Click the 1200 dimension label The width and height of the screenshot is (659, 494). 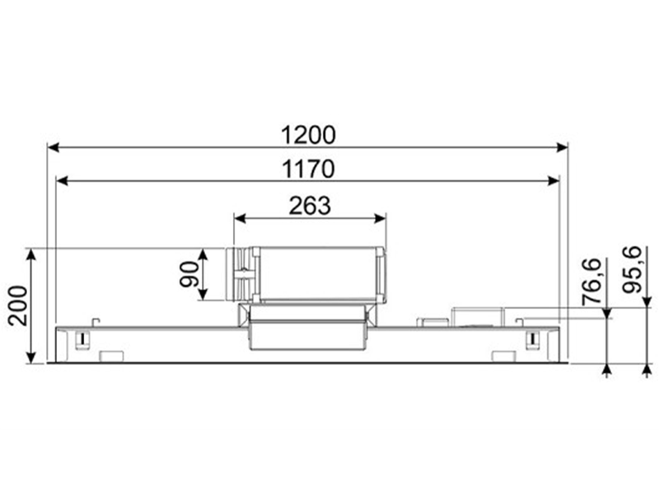pyautogui.click(x=308, y=135)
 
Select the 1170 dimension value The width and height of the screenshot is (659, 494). pyautogui.click(x=308, y=170)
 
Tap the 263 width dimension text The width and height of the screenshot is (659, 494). pyautogui.click(x=310, y=206)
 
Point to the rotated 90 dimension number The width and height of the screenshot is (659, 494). pyautogui.click(x=189, y=274)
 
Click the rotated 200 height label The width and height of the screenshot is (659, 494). pyautogui.click(x=18, y=305)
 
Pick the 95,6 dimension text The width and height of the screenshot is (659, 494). pyautogui.click(x=632, y=269)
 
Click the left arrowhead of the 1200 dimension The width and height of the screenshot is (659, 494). pyautogui.click(x=54, y=147)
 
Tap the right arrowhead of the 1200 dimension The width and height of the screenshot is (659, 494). pyautogui.click(x=562, y=147)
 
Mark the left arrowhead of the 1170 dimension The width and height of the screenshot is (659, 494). pyautogui.click(x=63, y=181)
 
